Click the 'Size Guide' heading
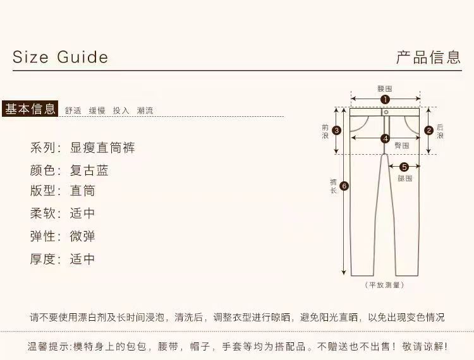(x=60, y=57)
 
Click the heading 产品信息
(x=428, y=57)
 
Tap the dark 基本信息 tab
(x=30, y=109)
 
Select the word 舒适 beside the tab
(x=73, y=111)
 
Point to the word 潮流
(x=145, y=111)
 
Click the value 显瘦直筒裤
(x=102, y=148)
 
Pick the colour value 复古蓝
(x=89, y=171)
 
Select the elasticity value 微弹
(x=83, y=236)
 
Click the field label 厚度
(x=44, y=259)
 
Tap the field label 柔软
(x=44, y=213)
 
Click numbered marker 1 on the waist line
(x=385, y=99)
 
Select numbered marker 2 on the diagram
(x=428, y=131)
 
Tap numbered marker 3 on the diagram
(x=337, y=131)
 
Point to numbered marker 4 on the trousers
(x=385, y=138)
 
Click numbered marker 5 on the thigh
(x=404, y=167)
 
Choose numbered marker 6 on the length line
(x=344, y=186)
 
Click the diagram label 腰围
(x=385, y=89)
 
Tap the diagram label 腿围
(x=404, y=179)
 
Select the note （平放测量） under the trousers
(x=385, y=285)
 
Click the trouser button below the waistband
(x=386, y=112)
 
